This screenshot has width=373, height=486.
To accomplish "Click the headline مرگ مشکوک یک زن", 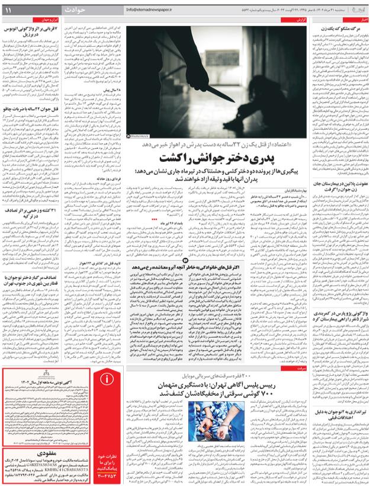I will (x=344, y=28).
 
